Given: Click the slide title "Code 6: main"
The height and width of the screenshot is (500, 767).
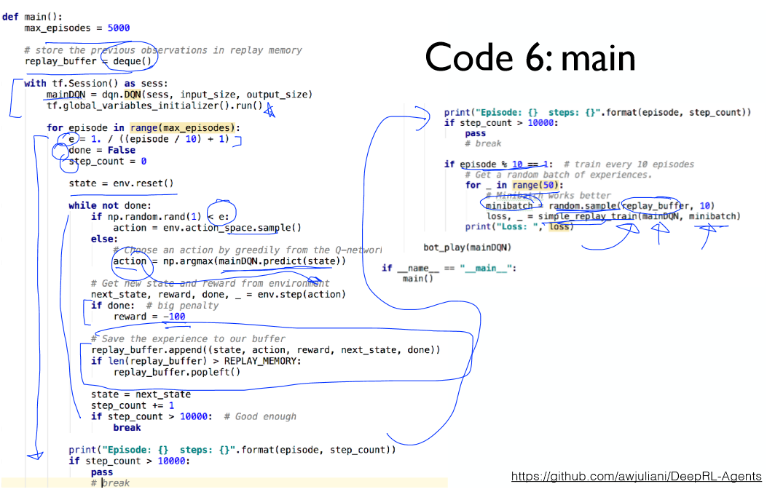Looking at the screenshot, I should [530, 57].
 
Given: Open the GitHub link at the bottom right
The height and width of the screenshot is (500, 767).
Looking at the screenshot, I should [636, 477].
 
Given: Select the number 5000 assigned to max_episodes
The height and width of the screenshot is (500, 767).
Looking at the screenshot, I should [118, 28].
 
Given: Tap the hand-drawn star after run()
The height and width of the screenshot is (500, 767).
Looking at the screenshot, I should [270, 109].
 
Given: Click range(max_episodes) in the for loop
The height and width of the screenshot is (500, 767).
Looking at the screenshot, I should [184, 128].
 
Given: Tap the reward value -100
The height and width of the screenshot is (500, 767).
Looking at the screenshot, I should [174, 317].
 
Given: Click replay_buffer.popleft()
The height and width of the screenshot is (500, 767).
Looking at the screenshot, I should [176, 372].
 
